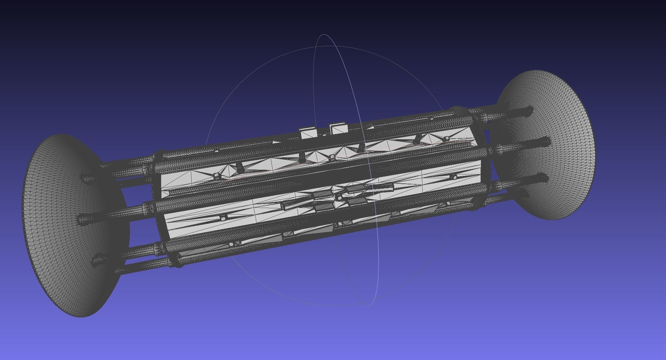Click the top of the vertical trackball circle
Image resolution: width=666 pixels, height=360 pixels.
pos(324,35)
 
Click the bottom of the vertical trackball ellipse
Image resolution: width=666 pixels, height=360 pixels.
pos(369,306)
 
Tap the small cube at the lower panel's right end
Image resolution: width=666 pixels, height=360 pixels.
pos(454,177)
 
